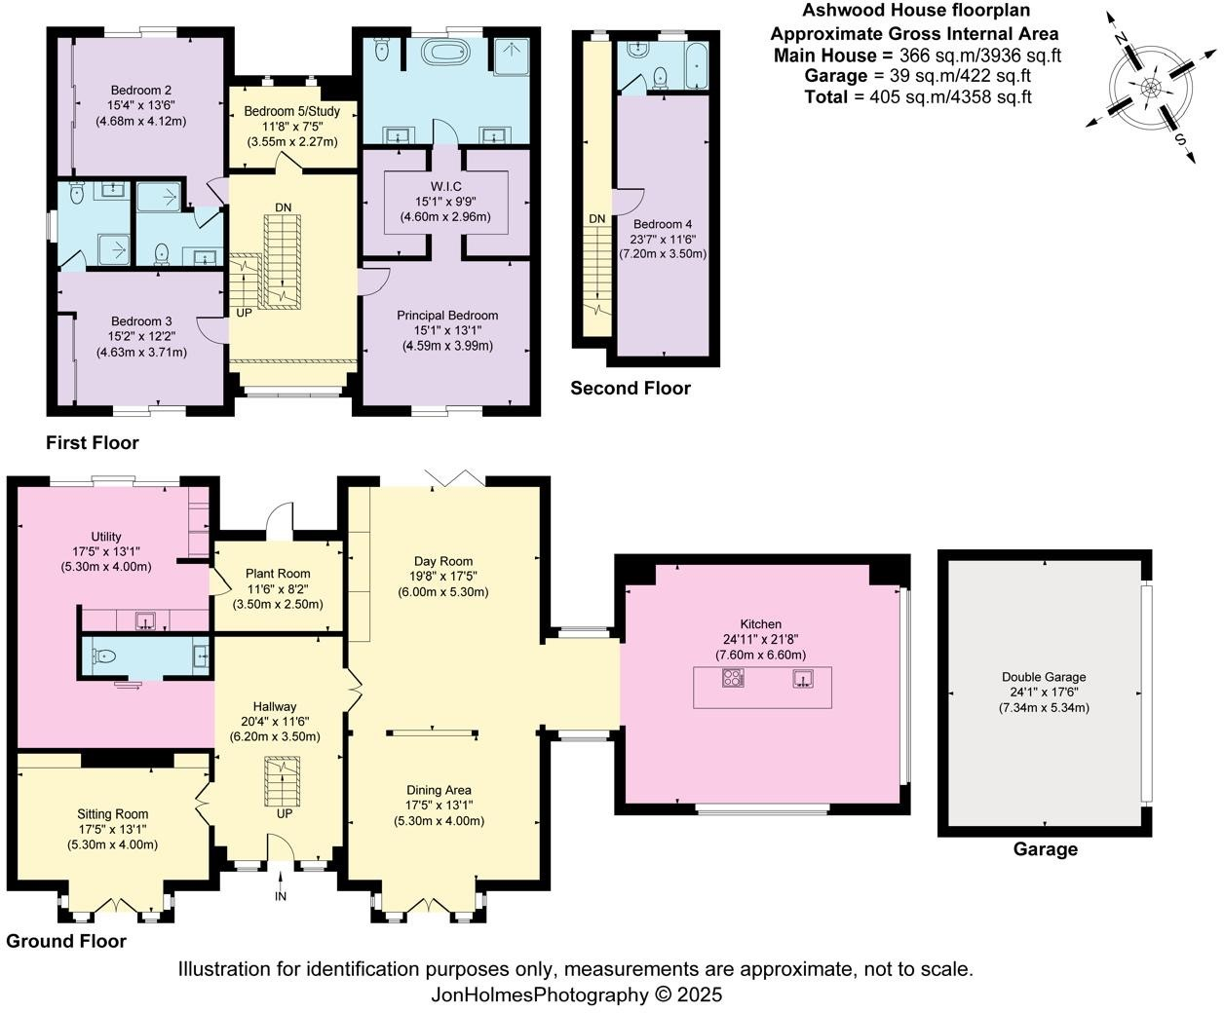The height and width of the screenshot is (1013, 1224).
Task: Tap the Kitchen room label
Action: click(x=760, y=624)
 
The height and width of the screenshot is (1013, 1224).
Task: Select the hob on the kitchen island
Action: click(x=733, y=678)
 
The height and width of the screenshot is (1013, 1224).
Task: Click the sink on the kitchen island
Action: click(x=804, y=678)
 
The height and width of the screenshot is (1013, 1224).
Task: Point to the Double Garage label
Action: click(x=1043, y=677)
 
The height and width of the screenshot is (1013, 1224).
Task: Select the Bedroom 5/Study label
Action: click(x=291, y=111)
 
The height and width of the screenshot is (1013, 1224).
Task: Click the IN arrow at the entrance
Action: click(x=281, y=885)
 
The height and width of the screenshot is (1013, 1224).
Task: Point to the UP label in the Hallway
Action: click(x=284, y=813)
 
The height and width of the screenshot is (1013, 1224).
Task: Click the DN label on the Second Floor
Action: click(x=596, y=218)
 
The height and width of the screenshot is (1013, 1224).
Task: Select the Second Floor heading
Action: click(x=630, y=389)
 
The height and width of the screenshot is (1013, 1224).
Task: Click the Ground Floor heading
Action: click(x=66, y=941)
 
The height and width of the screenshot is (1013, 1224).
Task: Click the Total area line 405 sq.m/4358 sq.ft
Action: click(x=917, y=96)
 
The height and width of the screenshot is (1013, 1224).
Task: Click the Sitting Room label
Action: click(x=113, y=814)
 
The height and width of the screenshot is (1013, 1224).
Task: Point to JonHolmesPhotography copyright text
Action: click(x=577, y=994)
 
